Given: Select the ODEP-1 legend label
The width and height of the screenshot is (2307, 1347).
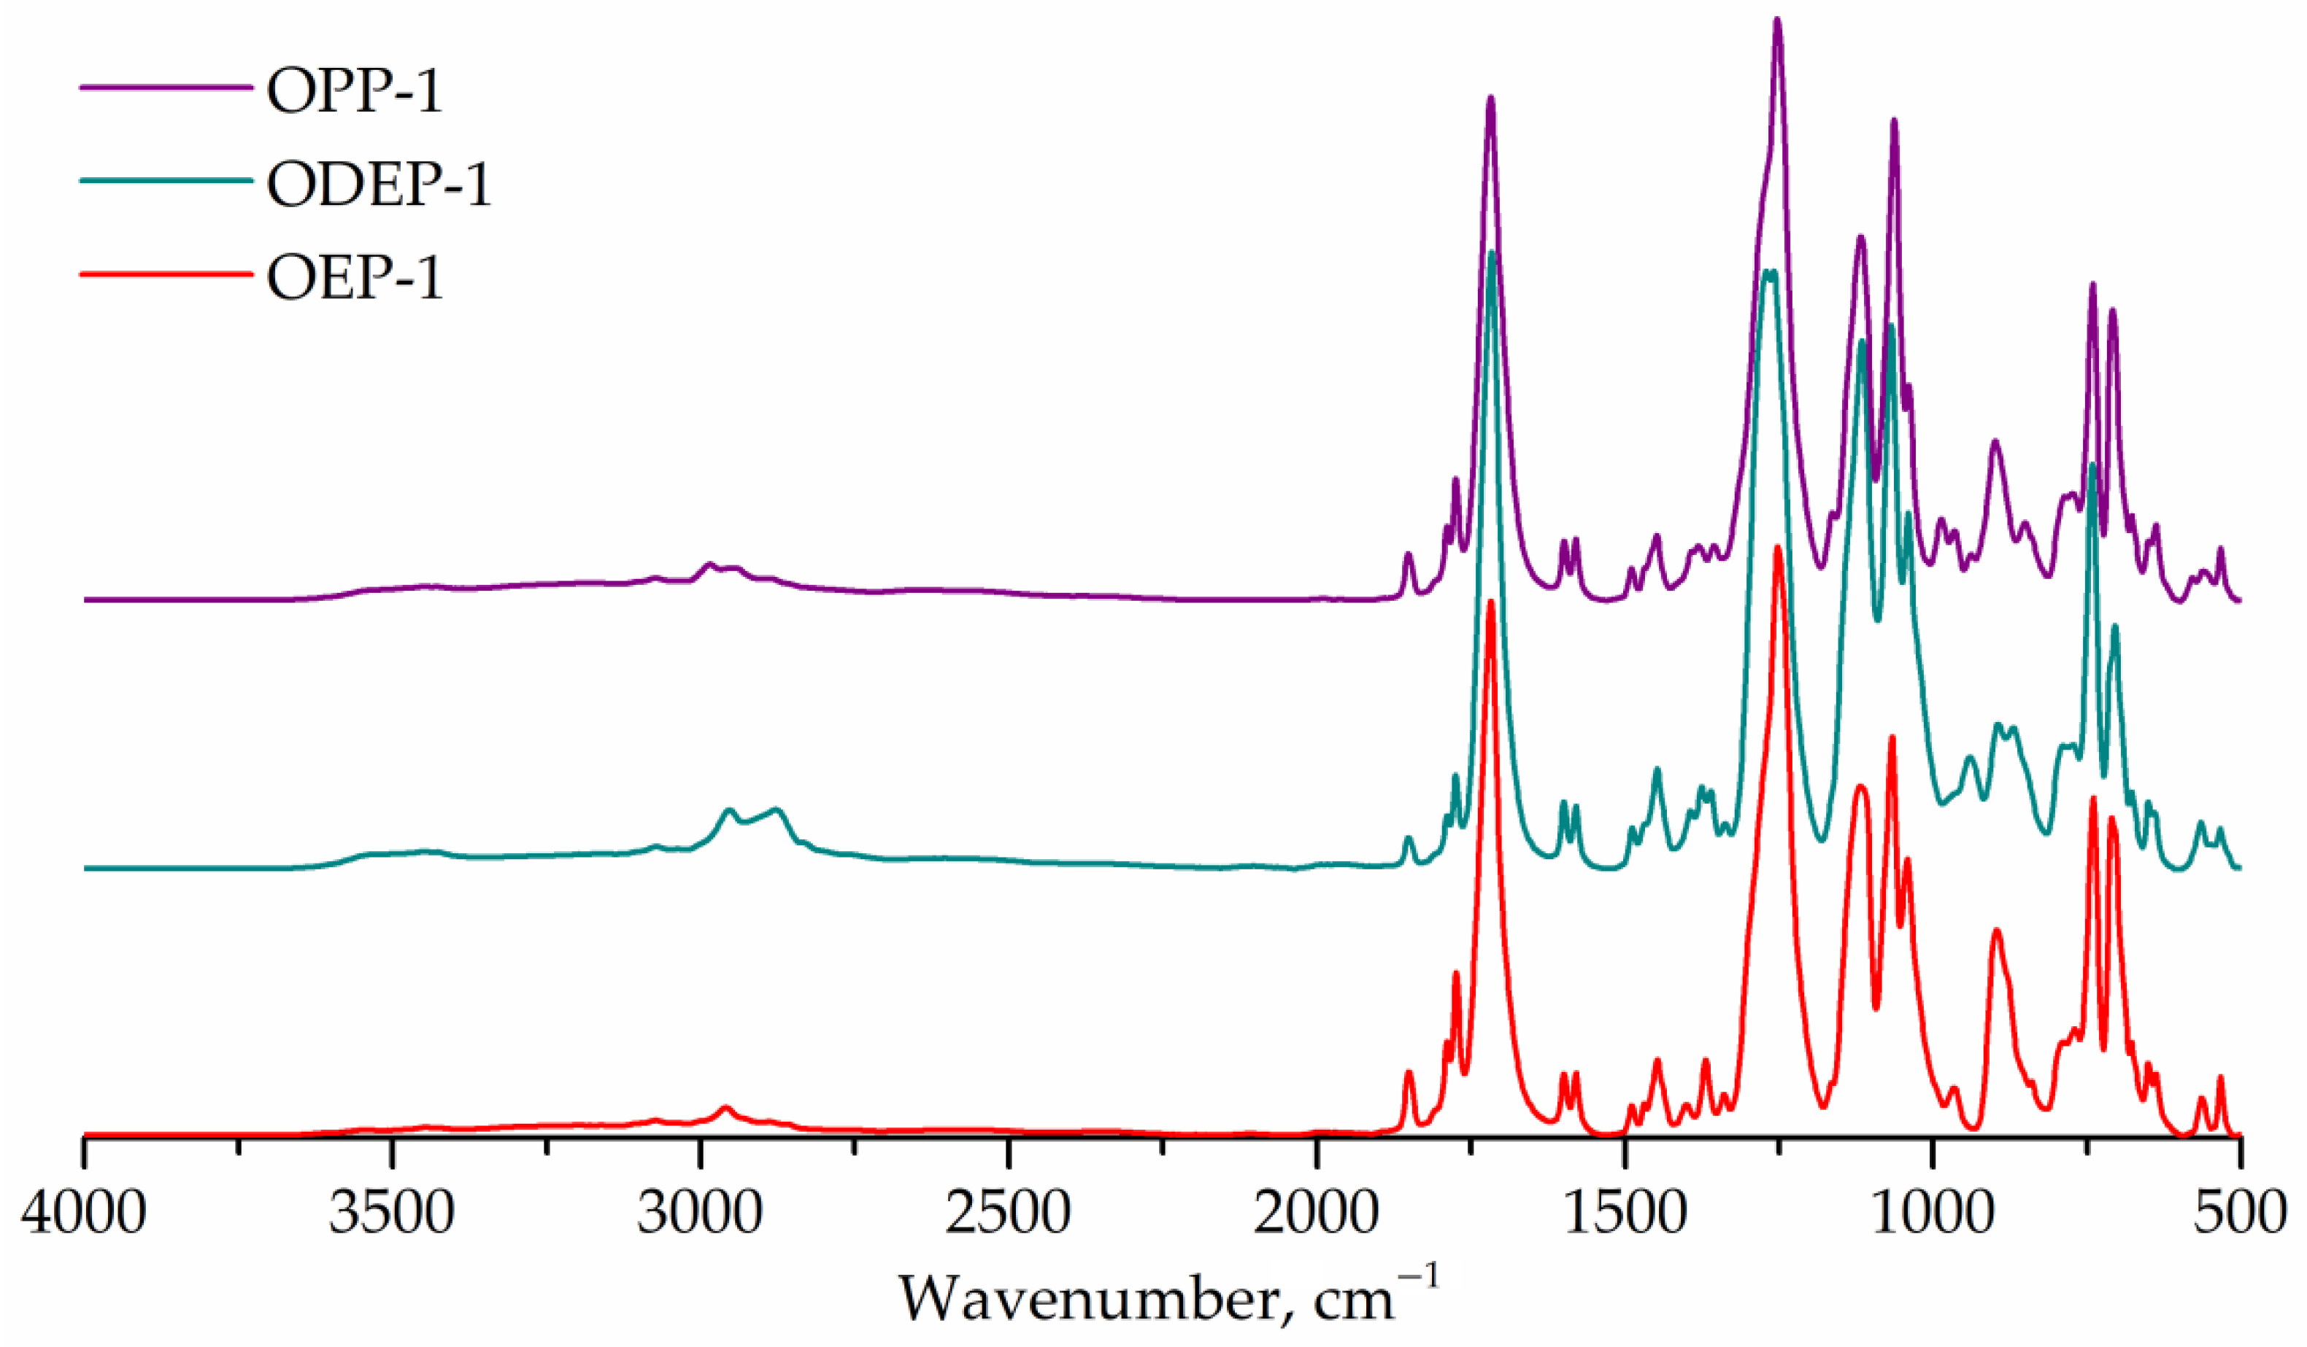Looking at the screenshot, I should click(x=379, y=184).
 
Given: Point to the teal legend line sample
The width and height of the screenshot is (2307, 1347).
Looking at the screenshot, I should click(x=165, y=180).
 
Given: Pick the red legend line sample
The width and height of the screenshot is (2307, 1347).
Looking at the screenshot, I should click(x=165, y=273).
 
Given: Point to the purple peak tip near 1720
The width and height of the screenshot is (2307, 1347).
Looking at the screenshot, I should click(x=1490, y=97).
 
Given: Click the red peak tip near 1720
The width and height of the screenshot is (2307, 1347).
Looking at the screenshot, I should click(x=1490, y=602).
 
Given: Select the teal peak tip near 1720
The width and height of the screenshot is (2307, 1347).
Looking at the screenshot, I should click(x=1493, y=252).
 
